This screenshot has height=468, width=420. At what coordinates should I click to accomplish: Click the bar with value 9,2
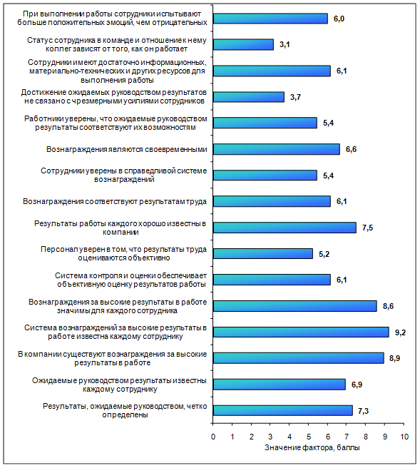pyautogui.click(x=301, y=332)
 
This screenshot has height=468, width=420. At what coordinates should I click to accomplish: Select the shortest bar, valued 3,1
pyautogui.click(x=243, y=45)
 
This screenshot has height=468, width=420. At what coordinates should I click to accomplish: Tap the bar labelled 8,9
pyautogui.click(x=299, y=358)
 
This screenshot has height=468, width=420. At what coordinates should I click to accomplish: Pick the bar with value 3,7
pyautogui.click(x=249, y=97)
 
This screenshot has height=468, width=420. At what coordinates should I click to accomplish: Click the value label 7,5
pyautogui.click(x=367, y=228)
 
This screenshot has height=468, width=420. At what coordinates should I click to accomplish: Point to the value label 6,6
pyautogui.click(x=351, y=149)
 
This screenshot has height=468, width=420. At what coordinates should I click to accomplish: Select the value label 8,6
pyautogui.click(x=388, y=306)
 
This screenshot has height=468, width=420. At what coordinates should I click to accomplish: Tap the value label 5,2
pyautogui.click(x=324, y=254)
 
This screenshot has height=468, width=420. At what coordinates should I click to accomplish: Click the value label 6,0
pyautogui.click(x=339, y=19)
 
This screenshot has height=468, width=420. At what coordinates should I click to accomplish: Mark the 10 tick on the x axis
pyautogui.click(x=404, y=437)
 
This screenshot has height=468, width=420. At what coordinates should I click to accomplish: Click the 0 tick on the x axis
pyautogui.click(x=213, y=437)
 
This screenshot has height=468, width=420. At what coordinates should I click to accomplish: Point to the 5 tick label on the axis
pyautogui.click(x=309, y=437)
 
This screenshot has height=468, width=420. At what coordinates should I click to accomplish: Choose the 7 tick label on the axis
pyautogui.click(x=347, y=437)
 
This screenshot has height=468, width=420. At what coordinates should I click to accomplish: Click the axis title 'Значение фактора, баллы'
pyautogui.click(x=312, y=448)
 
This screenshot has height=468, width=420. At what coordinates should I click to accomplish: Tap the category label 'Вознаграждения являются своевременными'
pyautogui.click(x=126, y=149)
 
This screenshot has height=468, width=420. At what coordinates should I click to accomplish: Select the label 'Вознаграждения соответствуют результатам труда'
pyautogui.click(x=115, y=201)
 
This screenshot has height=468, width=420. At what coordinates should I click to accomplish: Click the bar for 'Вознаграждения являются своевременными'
pyautogui.click(x=277, y=149)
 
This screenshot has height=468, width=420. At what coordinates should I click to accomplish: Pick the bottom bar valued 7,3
pyautogui.click(x=283, y=410)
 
